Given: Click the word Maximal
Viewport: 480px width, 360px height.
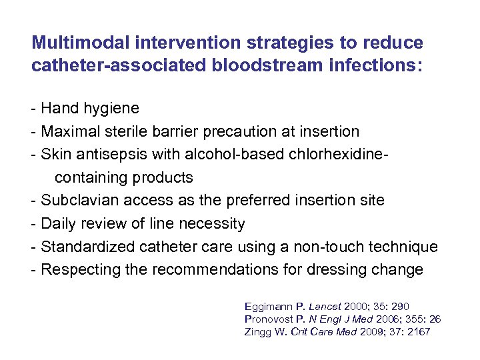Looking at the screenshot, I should [69, 131].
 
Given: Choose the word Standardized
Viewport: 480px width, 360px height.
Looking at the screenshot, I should [89, 247].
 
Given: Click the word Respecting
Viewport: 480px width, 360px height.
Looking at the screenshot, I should [77, 270].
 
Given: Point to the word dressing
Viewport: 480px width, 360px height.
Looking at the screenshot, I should [351, 270].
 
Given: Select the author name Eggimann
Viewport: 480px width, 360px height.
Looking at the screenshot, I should [269, 307].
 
